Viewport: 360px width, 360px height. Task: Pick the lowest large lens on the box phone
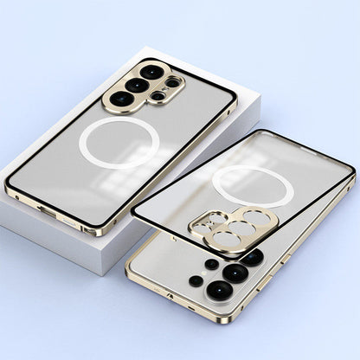coord(121,100)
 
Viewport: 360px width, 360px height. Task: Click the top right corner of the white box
coord(258,98)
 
